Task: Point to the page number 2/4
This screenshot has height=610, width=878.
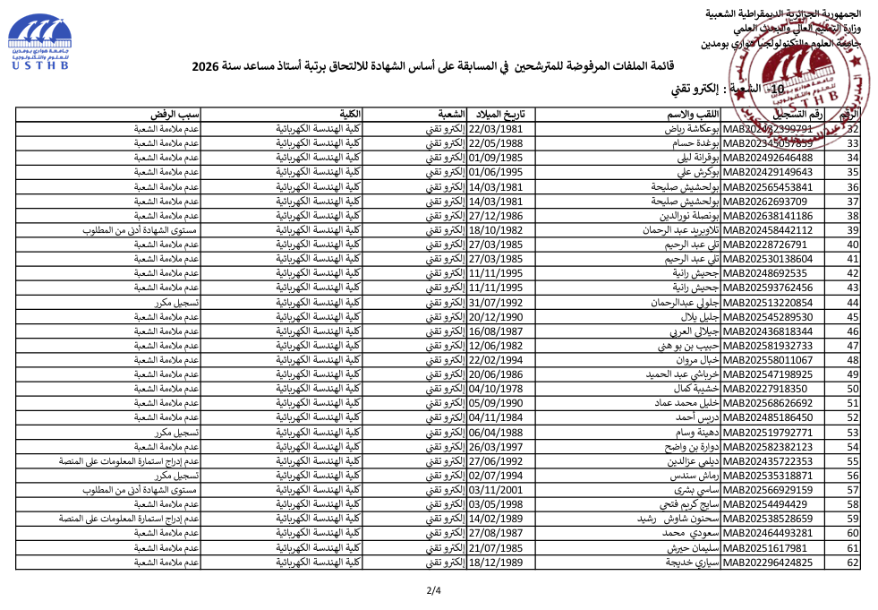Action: (433, 589)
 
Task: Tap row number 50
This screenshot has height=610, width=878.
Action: (852, 389)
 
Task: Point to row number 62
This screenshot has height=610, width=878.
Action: (852, 563)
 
